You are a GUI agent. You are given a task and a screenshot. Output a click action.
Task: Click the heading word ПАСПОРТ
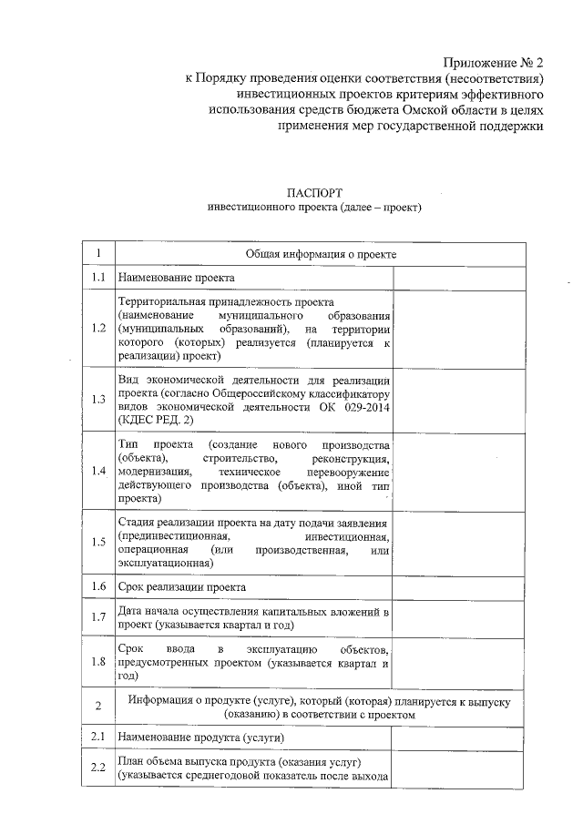314,193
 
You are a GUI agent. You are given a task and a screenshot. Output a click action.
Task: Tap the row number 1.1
99,277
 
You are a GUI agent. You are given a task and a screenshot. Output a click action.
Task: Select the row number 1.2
99,328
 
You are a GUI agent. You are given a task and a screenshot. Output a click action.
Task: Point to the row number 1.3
99,398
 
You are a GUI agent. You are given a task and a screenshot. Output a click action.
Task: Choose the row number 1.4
99,471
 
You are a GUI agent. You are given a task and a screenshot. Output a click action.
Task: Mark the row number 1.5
99,543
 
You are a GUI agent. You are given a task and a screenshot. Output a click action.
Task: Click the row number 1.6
99,587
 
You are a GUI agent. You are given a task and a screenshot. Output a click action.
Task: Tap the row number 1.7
99,618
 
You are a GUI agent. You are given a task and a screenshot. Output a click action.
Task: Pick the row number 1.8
99,662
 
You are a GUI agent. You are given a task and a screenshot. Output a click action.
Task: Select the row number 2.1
99,736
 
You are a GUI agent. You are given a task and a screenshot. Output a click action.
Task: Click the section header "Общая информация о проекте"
321,253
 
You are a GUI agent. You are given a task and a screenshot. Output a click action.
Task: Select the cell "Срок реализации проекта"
182,587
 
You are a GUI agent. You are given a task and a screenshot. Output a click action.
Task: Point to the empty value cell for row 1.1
459,277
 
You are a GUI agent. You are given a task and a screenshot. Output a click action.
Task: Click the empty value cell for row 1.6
459,587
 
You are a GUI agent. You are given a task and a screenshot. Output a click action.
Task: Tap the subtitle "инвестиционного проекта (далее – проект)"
314,209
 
